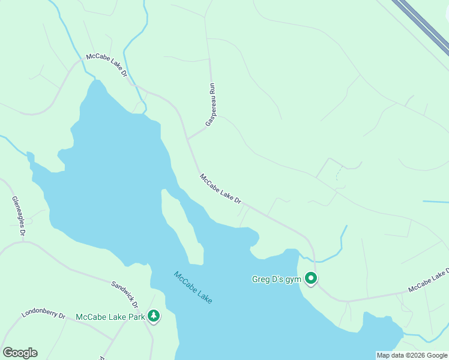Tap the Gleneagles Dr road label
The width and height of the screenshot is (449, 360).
pos(19,215)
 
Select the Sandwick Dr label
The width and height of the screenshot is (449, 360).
pos(125,294)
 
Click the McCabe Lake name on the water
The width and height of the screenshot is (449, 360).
pos(193,287)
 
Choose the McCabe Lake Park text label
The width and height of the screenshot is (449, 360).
pos(110,317)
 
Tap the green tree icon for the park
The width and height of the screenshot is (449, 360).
pos(154,316)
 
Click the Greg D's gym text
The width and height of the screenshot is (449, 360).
pos(276,279)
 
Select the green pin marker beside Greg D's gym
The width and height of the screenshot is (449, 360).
pos(311,278)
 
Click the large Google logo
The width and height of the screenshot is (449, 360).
pos(20,353)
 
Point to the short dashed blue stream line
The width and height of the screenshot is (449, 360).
pos(337,175)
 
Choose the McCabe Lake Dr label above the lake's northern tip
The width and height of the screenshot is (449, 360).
pos(107,64)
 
